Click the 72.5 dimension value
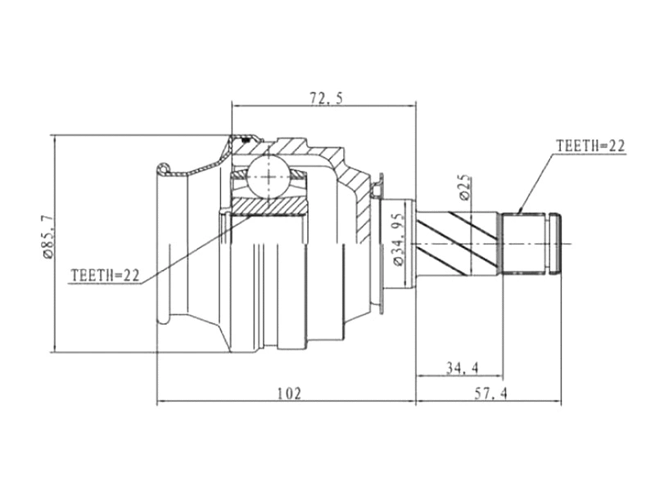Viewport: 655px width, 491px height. coord(326,97)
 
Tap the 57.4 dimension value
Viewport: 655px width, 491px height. coord(490,394)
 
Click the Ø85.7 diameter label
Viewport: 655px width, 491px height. coord(45,238)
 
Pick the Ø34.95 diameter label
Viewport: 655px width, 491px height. coord(398,238)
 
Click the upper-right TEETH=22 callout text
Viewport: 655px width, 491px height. coord(590,146)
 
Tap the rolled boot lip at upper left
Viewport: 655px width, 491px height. coord(164,169)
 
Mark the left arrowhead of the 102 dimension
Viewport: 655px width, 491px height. coord(160,401)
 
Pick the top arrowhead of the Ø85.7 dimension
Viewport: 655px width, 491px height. coord(53,137)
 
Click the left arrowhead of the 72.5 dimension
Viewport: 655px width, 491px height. coord(237,105)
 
